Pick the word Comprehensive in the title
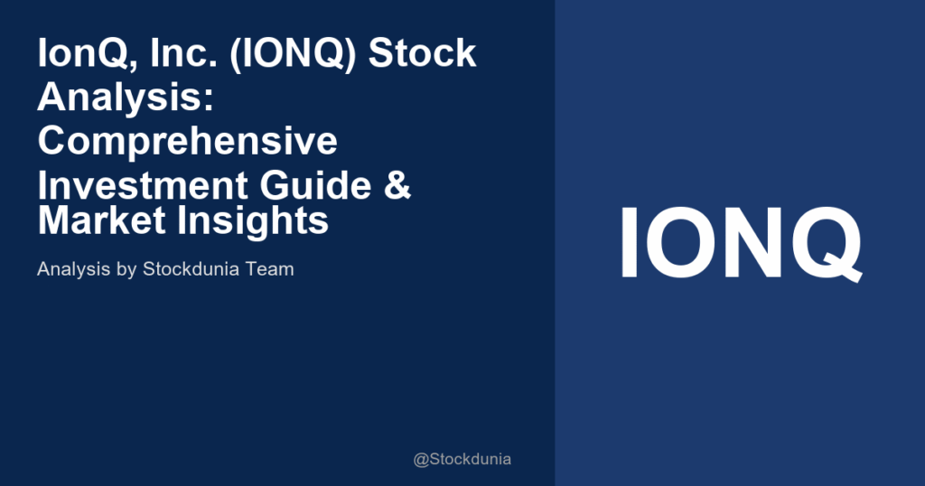point(187,142)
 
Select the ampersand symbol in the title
point(398,185)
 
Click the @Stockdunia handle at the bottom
point(462,460)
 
